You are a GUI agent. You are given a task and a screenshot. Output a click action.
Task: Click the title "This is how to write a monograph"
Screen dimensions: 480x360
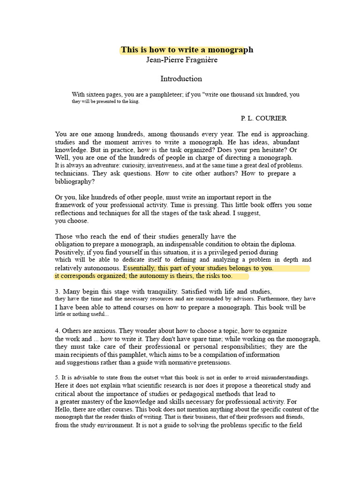coord(187,50)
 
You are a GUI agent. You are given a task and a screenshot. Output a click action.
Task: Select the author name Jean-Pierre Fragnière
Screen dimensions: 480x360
coord(182,60)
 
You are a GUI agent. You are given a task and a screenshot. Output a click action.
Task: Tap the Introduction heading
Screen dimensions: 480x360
coord(181,79)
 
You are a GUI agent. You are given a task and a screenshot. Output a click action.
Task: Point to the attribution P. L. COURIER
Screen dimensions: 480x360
coord(263,118)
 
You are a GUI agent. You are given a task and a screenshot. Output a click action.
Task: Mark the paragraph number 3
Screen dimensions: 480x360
coord(57,291)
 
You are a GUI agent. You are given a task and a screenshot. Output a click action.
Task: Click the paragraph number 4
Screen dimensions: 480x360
coord(57,330)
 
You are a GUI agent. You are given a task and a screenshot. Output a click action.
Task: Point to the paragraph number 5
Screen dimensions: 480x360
coord(57,377)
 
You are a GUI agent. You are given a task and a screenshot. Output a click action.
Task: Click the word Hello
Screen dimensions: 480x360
coord(63,409)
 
